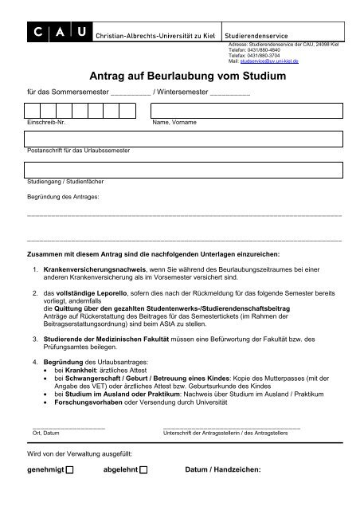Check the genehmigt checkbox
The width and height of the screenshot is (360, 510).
pyautogui.click(x=69, y=470)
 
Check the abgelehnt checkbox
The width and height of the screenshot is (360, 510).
pyautogui.click(x=143, y=470)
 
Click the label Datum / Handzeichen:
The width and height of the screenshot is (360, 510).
pyautogui.click(x=222, y=469)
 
